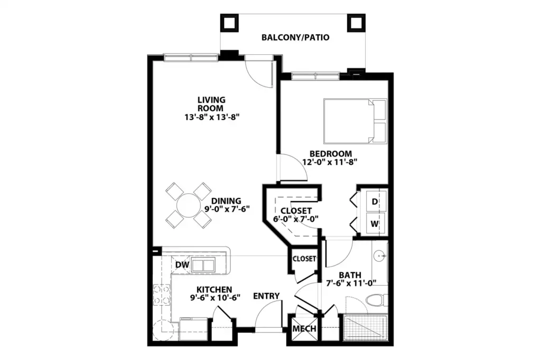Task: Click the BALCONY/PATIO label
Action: click(x=295, y=37)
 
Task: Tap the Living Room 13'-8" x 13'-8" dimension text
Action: click(x=212, y=117)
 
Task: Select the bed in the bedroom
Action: click(x=355, y=121)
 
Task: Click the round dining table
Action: click(x=189, y=205)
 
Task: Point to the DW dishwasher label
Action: click(x=182, y=264)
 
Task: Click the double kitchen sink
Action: click(x=203, y=265)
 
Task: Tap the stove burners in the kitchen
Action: click(x=162, y=295)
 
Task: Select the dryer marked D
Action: click(x=375, y=202)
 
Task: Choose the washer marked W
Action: click(x=375, y=224)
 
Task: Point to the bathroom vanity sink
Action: click(x=380, y=256)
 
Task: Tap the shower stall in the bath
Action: click(x=366, y=328)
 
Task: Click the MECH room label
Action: click(x=304, y=329)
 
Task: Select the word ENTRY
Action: click(x=266, y=296)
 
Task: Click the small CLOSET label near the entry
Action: click(x=304, y=259)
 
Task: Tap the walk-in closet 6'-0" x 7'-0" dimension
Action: click(x=296, y=219)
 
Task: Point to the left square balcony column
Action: click(x=229, y=23)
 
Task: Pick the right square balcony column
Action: click(x=356, y=23)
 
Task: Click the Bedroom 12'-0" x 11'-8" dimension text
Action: click(x=330, y=162)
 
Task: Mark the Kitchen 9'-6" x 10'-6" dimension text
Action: click(x=215, y=297)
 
